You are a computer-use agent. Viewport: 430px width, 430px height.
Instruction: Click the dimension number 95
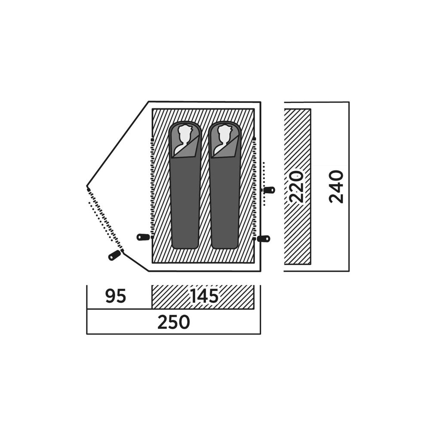point(115,296)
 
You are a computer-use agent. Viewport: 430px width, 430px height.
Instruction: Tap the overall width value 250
point(174,322)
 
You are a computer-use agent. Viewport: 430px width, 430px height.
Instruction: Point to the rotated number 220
point(297,187)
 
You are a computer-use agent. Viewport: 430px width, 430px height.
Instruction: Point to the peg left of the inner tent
point(143,237)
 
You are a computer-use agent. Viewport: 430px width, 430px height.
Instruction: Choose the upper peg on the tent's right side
point(269,190)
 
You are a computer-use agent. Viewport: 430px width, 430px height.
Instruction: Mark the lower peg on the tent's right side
point(264,239)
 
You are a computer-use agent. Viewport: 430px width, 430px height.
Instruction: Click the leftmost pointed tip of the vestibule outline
point(87,186)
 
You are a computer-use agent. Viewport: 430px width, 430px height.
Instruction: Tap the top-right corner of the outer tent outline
point(261,102)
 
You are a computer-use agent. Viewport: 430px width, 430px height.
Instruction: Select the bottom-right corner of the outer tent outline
point(261,271)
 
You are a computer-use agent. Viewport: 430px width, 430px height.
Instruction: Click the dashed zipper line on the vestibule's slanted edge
point(105,220)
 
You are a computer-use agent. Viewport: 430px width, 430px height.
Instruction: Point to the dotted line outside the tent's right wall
point(264,184)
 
